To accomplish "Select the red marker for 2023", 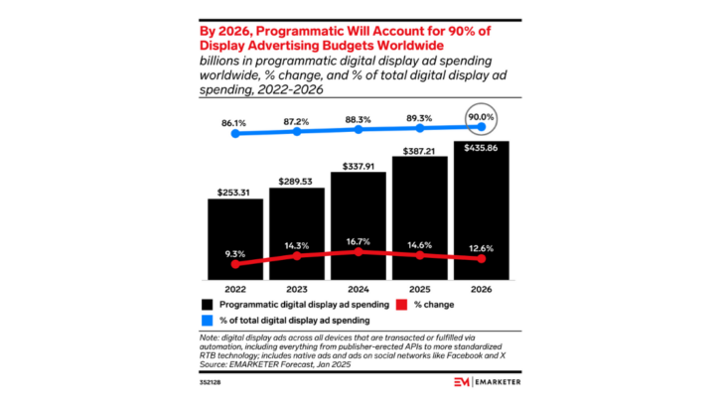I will (x=297, y=256).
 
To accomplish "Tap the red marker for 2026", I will (x=482, y=259).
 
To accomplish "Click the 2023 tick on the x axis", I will (x=297, y=290).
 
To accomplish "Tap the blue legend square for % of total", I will (x=209, y=321).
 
